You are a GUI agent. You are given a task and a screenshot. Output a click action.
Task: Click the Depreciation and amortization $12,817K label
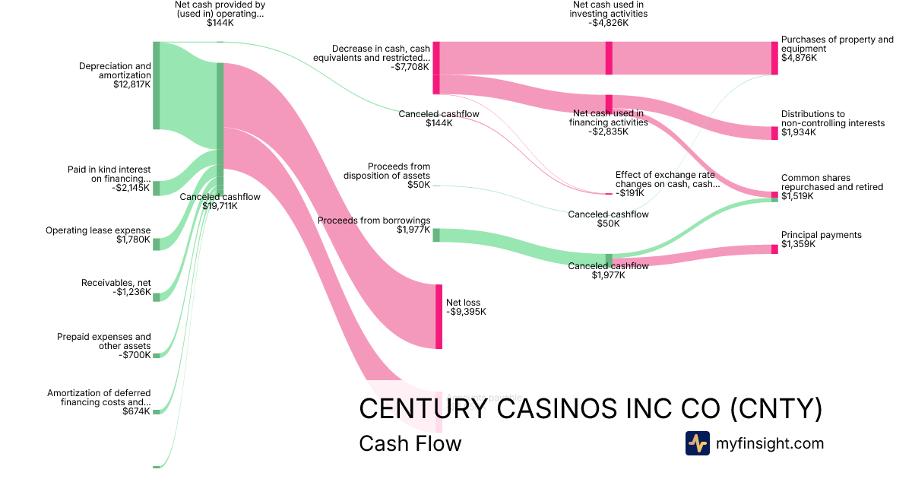(115, 75)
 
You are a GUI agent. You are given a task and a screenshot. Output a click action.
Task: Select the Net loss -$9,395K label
(466, 307)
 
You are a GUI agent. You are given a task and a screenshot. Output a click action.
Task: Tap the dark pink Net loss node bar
(439, 316)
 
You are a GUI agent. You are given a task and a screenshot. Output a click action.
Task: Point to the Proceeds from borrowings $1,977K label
(374, 225)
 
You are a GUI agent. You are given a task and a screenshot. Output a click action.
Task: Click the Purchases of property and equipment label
(837, 49)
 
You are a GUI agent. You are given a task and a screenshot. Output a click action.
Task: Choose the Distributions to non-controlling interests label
(832, 123)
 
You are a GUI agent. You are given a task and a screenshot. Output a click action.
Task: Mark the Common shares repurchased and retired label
(831, 187)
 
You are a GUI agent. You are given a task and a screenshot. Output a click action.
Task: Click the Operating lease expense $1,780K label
(98, 235)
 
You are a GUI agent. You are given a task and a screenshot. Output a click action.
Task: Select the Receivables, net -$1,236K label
(116, 288)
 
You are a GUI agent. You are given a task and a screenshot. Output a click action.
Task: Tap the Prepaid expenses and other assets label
(103, 346)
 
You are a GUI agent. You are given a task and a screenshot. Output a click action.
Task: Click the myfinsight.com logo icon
(697, 443)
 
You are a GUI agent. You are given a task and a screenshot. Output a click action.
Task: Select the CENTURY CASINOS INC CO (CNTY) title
(590, 409)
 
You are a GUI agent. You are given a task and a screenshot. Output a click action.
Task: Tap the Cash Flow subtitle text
(410, 443)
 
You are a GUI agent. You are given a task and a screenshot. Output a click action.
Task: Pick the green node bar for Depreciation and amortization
(157, 85)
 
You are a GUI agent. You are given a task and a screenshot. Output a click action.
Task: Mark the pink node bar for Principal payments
(774, 249)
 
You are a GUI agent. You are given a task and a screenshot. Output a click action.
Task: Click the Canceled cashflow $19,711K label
(220, 201)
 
